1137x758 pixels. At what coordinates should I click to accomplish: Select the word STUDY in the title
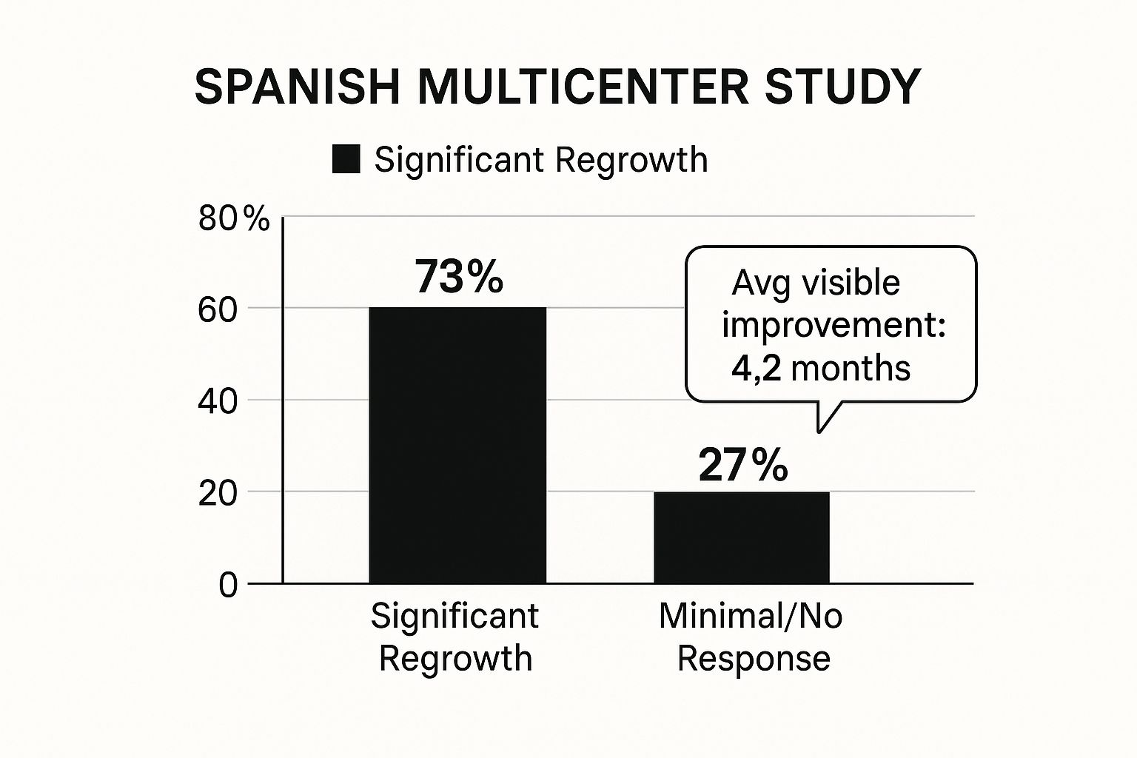pos(842,87)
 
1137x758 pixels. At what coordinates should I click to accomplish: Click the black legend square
pos(346,159)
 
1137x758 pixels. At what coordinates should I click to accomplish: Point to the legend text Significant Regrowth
pos(540,159)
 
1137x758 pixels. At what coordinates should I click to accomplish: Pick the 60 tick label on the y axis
pos(218,310)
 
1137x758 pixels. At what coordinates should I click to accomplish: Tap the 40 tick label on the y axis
pos(218,402)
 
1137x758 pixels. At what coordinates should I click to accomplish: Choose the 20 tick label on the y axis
pos(218,494)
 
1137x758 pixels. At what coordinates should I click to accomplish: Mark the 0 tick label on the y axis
pos(228,585)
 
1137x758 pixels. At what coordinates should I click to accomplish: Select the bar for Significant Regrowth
pos(457,444)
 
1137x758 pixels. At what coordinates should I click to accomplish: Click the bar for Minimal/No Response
pos(741,537)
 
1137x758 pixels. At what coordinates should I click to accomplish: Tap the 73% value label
pos(459,277)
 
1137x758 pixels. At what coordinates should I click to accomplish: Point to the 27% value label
pos(742,466)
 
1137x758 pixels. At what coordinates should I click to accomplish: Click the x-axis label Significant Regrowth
pos(455,637)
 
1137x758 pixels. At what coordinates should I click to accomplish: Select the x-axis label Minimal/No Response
pos(751,637)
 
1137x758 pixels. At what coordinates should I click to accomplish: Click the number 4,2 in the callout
pos(756,368)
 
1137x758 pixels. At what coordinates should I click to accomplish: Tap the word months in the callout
pos(851,368)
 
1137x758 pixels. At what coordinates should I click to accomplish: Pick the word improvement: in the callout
pos(834,326)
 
